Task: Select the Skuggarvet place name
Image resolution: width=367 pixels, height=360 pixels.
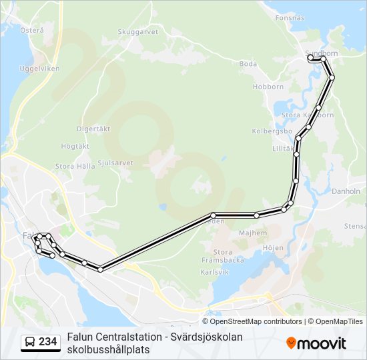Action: point(137,31)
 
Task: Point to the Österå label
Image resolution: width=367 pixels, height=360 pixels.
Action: point(32,30)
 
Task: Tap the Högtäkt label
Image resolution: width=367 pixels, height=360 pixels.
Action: point(75,145)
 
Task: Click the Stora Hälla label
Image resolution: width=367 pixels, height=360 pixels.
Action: point(75,166)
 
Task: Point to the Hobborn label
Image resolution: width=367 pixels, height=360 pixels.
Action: point(268,87)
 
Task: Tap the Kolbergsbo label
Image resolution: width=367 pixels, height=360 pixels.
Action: point(269,131)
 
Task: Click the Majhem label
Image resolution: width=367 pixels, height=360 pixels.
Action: point(253,233)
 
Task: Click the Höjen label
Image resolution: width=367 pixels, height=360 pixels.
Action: point(274,247)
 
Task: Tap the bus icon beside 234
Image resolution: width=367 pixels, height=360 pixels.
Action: point(30,342)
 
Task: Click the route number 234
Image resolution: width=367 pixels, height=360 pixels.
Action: point(48,342)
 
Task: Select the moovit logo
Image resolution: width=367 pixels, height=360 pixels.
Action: point(316,343)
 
